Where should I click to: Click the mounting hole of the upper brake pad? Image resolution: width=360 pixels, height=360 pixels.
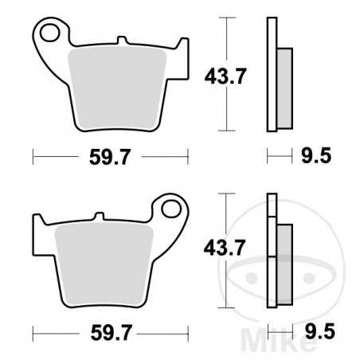click(51, 33)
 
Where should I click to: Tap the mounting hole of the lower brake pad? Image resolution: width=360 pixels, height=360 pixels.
click(170, 209)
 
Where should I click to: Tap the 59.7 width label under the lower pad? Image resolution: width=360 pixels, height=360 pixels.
click(109, 329)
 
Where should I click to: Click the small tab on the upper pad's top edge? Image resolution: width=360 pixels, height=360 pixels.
click(121, 40)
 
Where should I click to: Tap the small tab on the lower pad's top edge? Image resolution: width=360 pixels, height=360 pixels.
click(99, 216)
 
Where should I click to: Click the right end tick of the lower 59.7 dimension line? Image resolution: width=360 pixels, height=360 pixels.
click(188, 329)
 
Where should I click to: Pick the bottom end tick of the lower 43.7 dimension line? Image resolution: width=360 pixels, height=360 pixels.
click(229, 307)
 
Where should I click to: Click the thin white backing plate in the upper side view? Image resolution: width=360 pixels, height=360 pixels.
click(270, 76)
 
